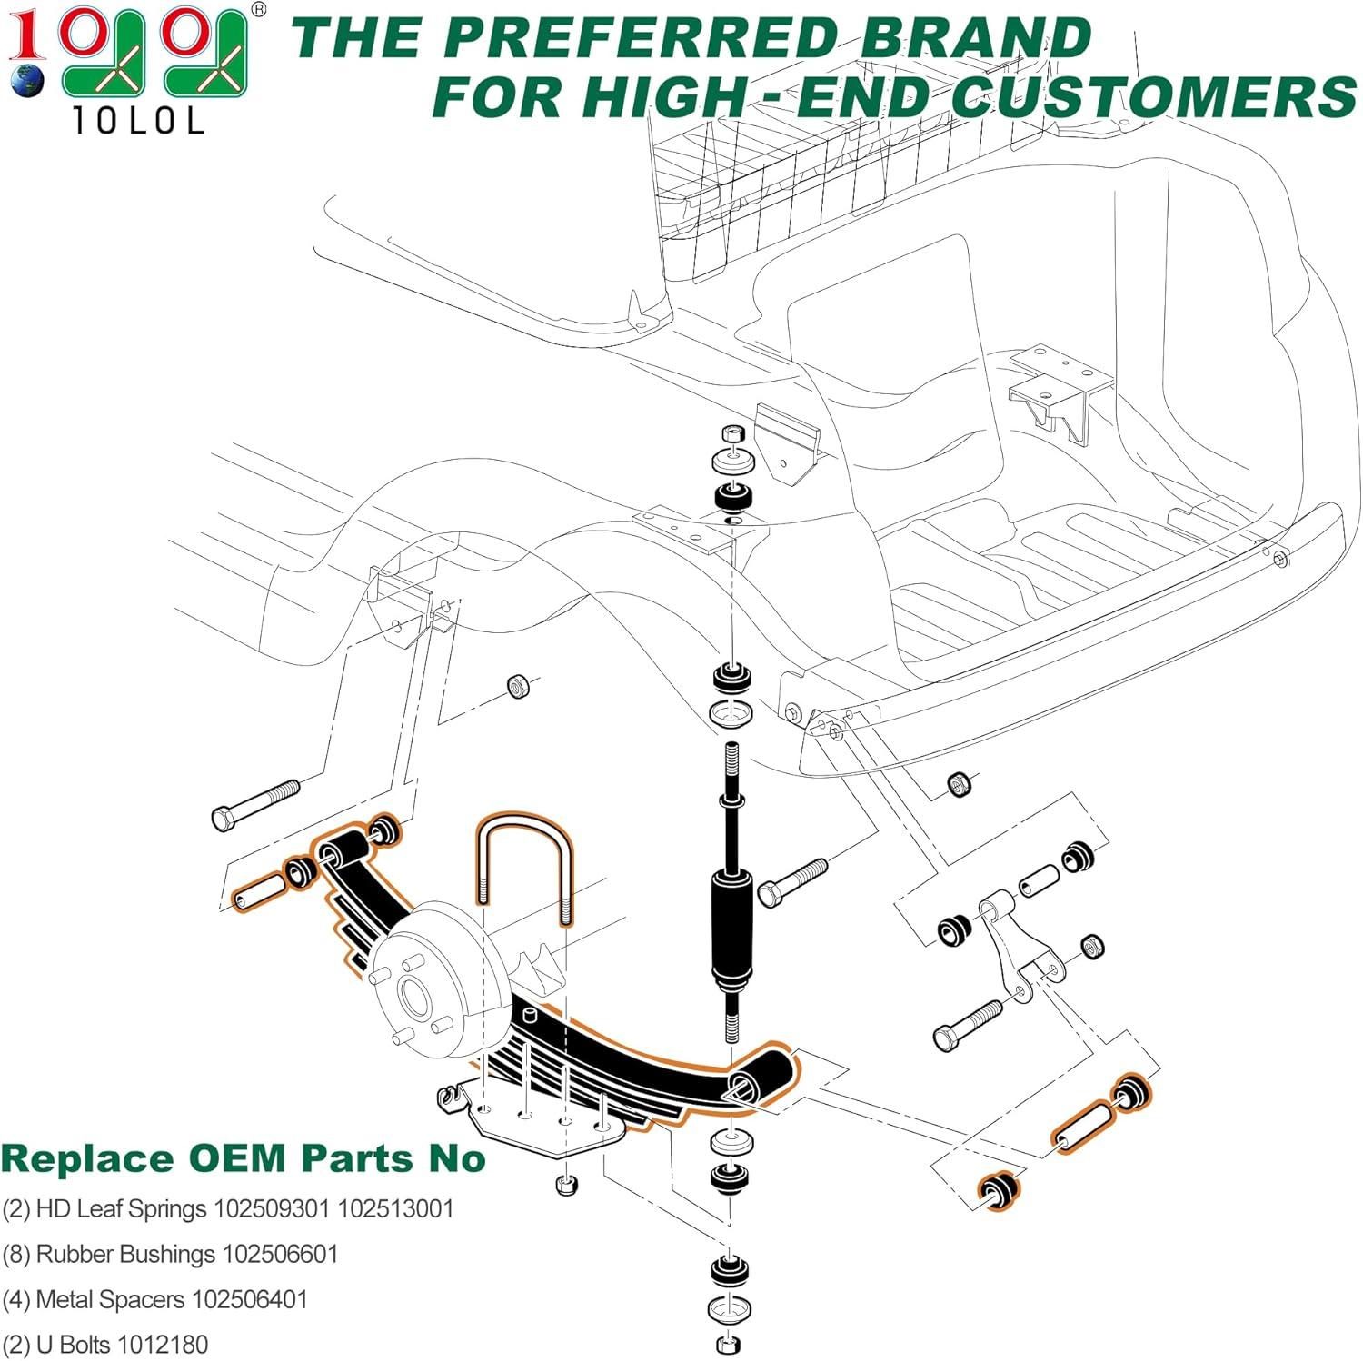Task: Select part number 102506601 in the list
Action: pos(280,1255)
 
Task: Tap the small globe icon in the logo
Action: pos(27,79)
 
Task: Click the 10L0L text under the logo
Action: pos(136,122)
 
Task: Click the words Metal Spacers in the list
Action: pos(109,1300)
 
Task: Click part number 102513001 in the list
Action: pos(395,1209)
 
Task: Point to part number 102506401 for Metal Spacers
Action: pos(249,1300)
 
